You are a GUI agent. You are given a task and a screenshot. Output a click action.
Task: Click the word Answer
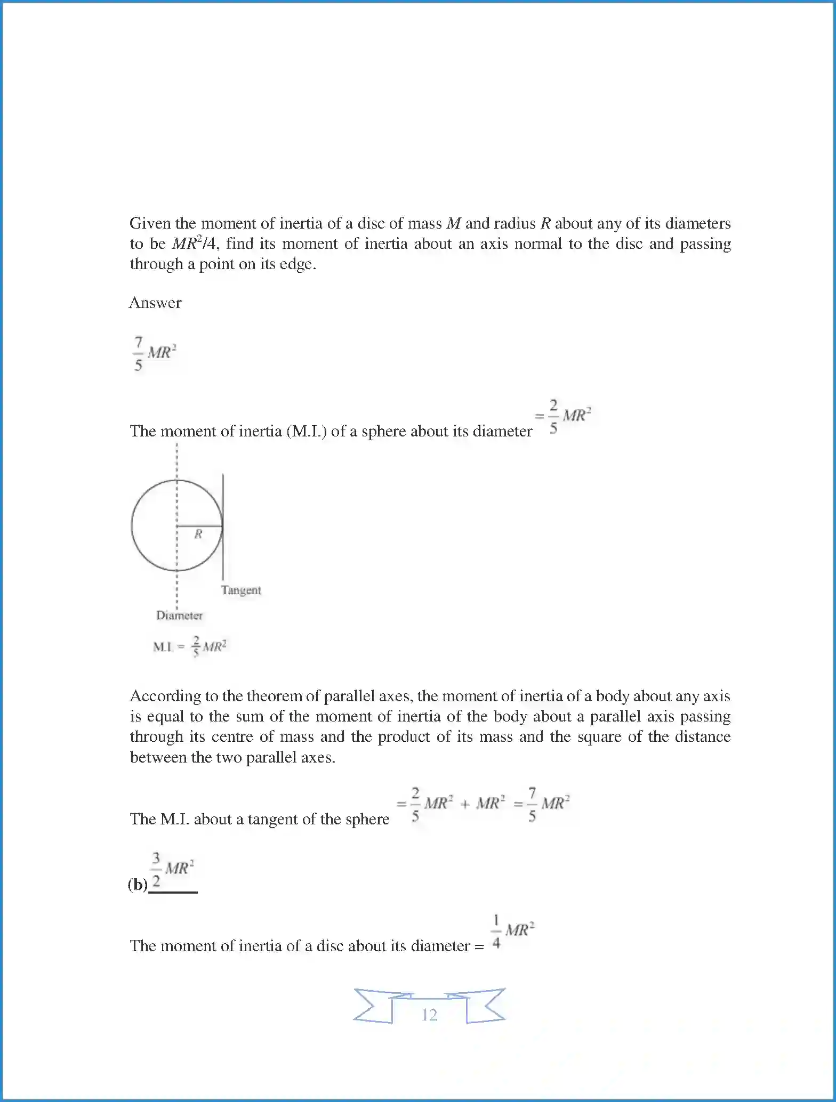coord(155,303)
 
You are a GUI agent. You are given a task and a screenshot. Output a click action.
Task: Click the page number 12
coord(429,1015)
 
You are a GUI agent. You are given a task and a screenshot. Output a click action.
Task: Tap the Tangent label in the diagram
coord(241,590)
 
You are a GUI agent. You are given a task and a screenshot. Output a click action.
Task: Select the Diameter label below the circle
coord(179,615)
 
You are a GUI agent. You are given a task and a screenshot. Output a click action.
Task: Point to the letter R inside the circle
coord(198,534)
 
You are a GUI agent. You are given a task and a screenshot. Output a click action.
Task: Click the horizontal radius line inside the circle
coord(199,526)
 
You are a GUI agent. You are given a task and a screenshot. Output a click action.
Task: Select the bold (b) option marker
coord(138,885)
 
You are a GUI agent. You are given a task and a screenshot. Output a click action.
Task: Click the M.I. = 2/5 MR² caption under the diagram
coord(190,646)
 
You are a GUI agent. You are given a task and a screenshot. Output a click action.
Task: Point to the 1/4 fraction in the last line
coord(496,932)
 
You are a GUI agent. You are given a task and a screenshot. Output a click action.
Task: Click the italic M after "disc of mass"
coord(453,223)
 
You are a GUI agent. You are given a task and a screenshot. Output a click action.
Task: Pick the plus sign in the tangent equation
coord(464,804)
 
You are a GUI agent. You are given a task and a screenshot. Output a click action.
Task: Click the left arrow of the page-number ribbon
coord(373,1006)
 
